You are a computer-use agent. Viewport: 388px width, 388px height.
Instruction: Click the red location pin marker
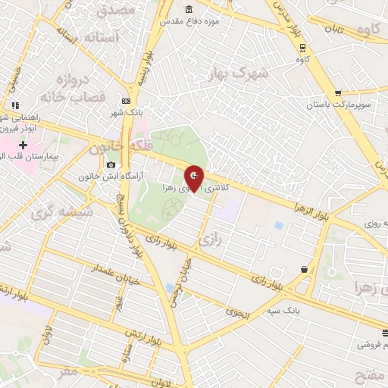194,179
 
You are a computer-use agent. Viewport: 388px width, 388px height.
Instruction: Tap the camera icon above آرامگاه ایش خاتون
111,165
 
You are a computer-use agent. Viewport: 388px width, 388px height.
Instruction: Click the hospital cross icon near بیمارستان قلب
23,145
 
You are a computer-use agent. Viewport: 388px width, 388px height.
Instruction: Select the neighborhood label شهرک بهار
238,74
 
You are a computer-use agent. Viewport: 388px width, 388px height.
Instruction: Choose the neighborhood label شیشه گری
62,214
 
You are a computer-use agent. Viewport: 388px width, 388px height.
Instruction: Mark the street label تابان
335,29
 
